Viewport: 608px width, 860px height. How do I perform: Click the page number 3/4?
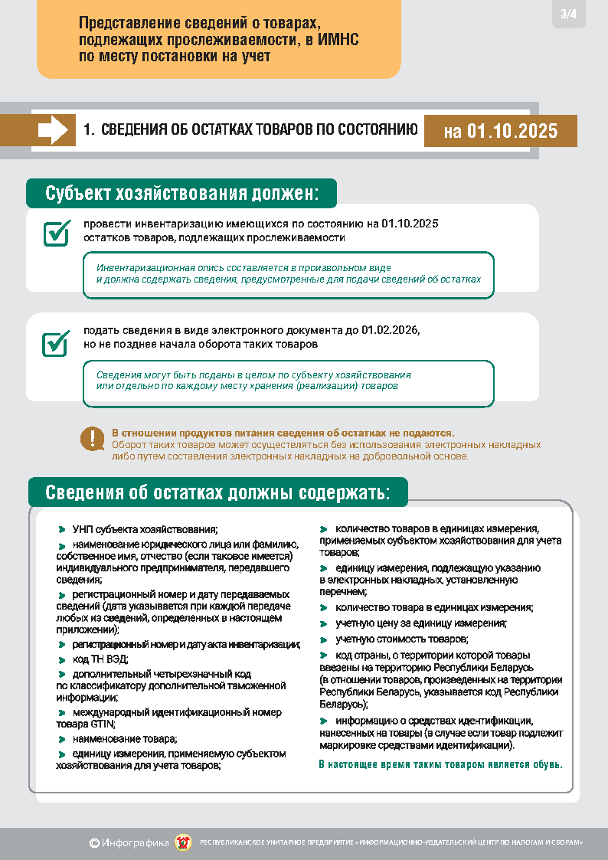(x=569, y=14)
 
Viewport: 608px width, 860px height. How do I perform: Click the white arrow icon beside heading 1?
(x=53, y=129)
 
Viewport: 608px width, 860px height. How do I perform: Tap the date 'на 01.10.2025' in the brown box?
(x=500, y=131)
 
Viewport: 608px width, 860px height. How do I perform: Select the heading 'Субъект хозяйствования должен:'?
(x=181, y=193)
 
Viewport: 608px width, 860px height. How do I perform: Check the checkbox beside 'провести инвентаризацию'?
(x=56, y=233)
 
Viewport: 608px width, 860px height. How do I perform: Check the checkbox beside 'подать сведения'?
(x=56, y=343)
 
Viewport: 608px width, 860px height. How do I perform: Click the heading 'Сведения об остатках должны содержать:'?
(x=217, y=492)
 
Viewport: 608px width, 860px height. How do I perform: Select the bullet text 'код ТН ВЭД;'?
(x=100, y=659)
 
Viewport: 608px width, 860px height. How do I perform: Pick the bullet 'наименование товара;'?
(x=125, y=739)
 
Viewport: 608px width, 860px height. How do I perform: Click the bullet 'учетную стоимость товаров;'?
(x=402, y=639)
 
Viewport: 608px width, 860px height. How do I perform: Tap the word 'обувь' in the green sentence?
(x=547, y=764)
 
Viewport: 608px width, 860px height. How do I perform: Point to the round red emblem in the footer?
(x=184, y=842)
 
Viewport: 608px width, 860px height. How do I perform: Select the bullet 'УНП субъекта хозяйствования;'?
(x=145, y=529)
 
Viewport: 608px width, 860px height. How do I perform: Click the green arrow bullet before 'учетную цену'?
(x=324, y=623)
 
